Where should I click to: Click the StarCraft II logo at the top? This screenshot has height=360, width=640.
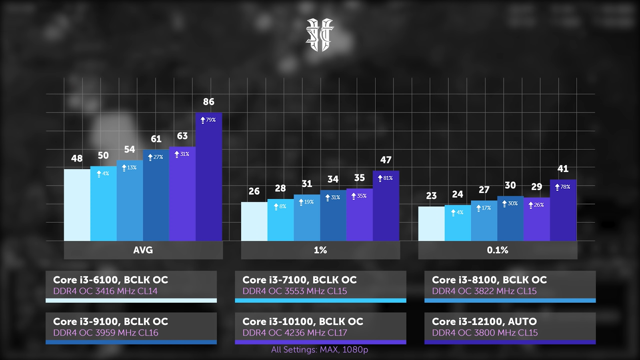(x=320, y=35)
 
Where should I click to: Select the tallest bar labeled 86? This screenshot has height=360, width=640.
(x=208, y=180)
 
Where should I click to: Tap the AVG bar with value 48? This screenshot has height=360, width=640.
(x=77, y=205)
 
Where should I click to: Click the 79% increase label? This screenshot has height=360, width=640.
(x=208, y=120)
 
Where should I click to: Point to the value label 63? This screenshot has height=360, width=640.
(x=182, y=136)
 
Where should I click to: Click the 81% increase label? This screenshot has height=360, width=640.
(x=386, y=178)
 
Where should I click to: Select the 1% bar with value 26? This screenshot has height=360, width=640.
(x=254, y=221)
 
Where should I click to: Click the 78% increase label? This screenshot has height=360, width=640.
(x=563, y=187)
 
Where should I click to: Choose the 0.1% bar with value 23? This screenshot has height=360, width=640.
(x=431, y=224)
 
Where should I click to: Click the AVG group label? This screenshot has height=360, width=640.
(x=143, y=250)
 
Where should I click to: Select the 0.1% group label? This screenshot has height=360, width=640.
(x=498, y=250)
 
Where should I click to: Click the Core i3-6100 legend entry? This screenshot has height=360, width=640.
(x=131, y=286)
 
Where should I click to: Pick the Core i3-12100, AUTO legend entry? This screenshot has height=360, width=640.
(x=510, y=327)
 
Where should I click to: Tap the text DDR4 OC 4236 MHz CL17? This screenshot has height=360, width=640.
(x=295, y=333)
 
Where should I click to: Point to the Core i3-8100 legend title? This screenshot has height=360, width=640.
(x=489, y=280)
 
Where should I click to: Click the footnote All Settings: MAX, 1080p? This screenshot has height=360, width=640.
(x=320, y=350)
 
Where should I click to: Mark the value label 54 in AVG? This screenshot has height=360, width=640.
(x=130, y=150)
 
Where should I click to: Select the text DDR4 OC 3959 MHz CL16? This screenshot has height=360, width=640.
(x=106, y=333)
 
